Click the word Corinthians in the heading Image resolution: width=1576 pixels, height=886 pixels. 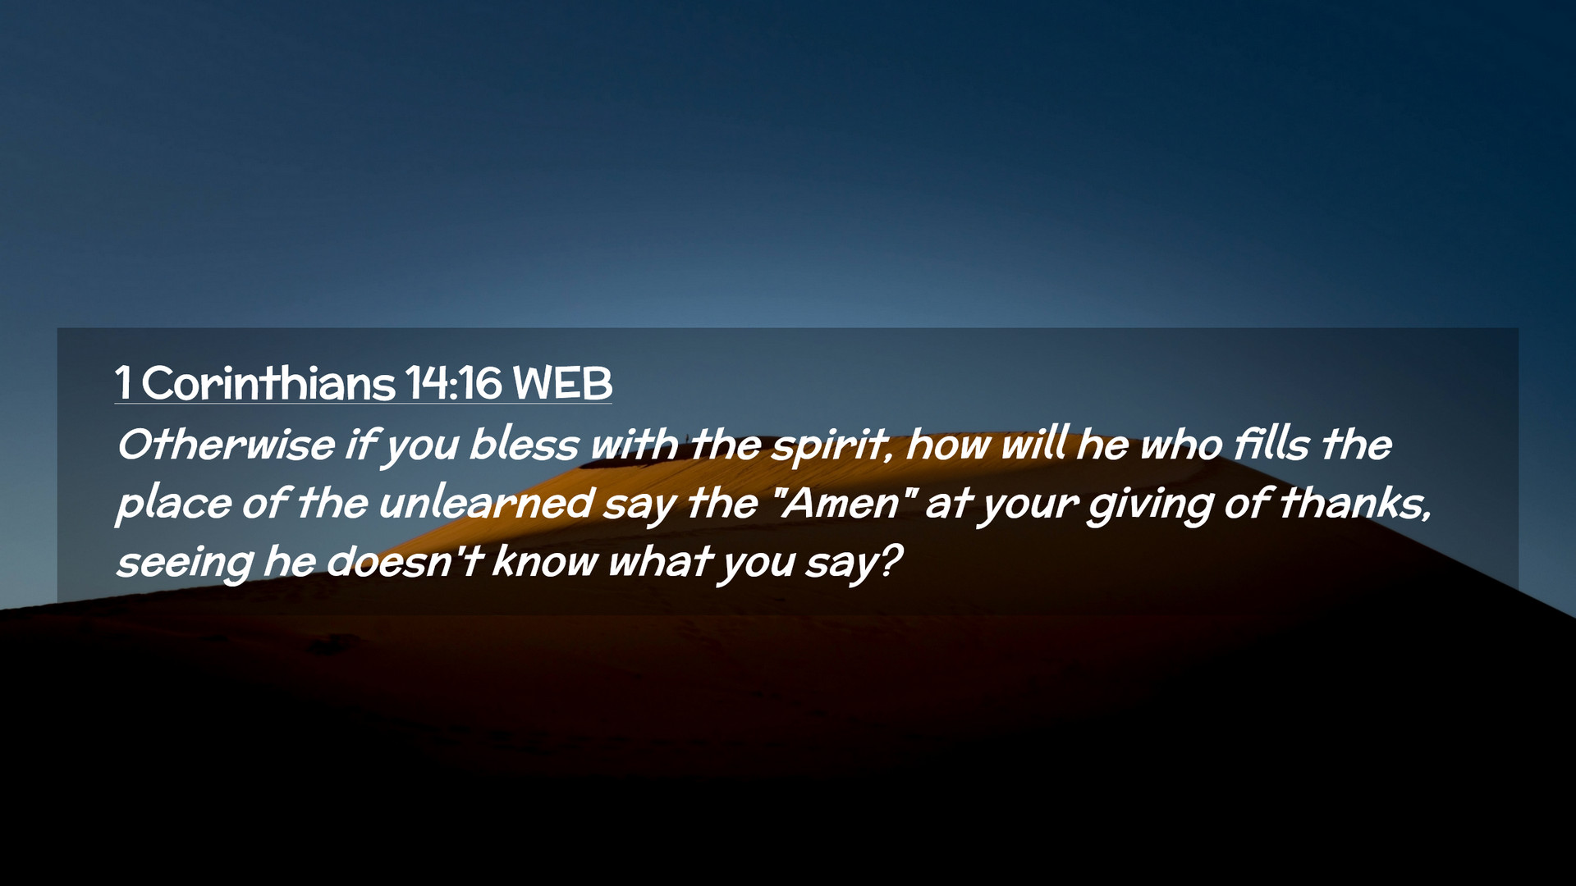click(268, 382)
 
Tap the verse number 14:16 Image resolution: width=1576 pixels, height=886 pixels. click(453, 382)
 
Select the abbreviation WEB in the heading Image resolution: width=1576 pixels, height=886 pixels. click(562, 382)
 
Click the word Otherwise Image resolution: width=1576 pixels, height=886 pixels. click(226, 445)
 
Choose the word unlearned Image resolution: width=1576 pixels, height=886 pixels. click(486, 503)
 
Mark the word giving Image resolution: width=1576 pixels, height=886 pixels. click(1150, 506)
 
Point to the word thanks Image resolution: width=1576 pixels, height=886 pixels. click(1355, 503)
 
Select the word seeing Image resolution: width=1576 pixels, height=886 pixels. click(185, 564)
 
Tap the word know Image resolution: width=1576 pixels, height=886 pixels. click(545, 561)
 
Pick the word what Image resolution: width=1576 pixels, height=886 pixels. click(658, 561)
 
